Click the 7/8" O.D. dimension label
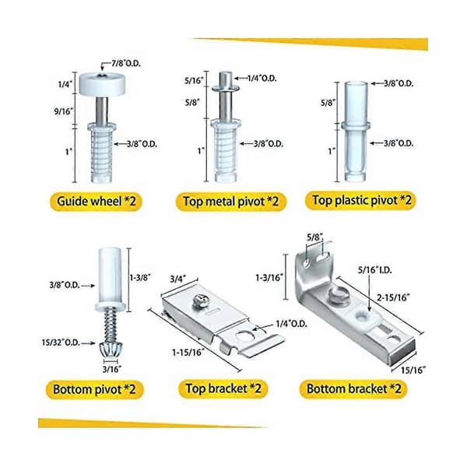(x=126, y=64)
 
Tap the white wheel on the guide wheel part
(x=102, y=84)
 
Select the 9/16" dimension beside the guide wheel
(x=64, y=111)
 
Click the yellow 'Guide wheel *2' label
(x=96, y=202)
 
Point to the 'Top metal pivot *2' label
(x=231, y=202)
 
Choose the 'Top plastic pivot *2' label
(x=360, y=200)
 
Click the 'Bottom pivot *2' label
(x=94, y=390)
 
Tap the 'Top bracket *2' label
(x=223, y=388)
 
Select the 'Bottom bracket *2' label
(x=353, y=389)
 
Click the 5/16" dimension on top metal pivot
(x=194, y=80)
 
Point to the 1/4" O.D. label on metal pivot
(x=262, y=79)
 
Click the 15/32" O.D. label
(x=61, y=342)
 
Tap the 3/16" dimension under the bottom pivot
(x=112, y=369)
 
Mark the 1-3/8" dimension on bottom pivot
(x=140, y=278)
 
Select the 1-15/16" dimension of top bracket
(x=188, y=353)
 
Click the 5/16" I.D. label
(x=375, y=270)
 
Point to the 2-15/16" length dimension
(x=393, y=297)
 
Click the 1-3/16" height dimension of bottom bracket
(x=269, y=278)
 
